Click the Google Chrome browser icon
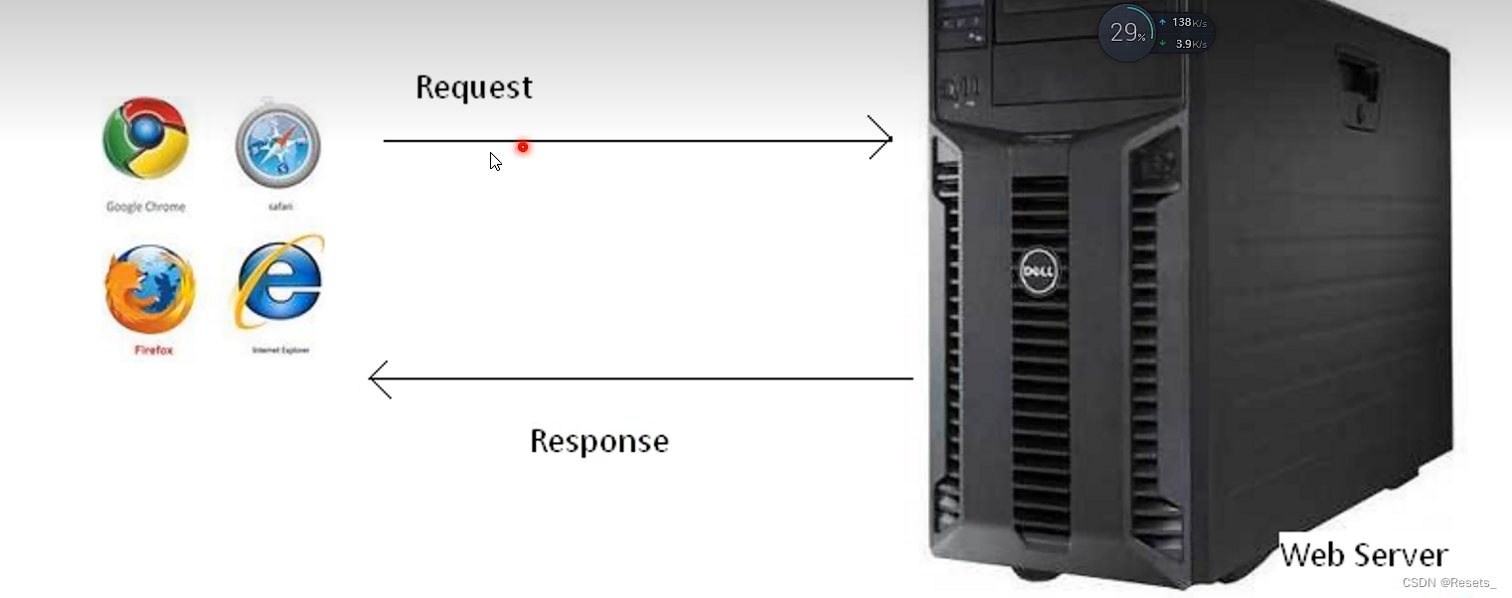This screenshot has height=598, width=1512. pos(145,138)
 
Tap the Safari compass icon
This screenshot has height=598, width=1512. pos(277,144)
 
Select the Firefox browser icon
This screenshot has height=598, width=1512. pos(150,288)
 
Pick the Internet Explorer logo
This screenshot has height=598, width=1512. pos(279,282)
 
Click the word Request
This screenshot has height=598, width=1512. pos(473,87)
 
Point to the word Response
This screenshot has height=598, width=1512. pos(598,441)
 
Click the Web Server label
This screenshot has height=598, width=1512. pos(1363,554)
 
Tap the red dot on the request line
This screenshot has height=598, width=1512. pos(522,147)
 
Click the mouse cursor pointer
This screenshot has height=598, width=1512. pos(494,160)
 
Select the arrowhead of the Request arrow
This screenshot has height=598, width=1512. pos(881,139)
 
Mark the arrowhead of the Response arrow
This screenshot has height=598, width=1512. pos(379,378)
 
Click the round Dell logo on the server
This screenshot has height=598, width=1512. pos(1040,269)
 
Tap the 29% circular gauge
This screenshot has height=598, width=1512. pos(1125,33)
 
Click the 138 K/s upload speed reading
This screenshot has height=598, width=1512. pos(1188,22)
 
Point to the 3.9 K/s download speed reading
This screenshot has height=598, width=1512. pos(1190,44)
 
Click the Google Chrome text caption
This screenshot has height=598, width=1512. pos(145,207)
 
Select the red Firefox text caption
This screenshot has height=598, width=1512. pos(153,350)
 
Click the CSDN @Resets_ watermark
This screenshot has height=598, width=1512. pos(1448,583)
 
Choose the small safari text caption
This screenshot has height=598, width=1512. pos(279,207)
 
